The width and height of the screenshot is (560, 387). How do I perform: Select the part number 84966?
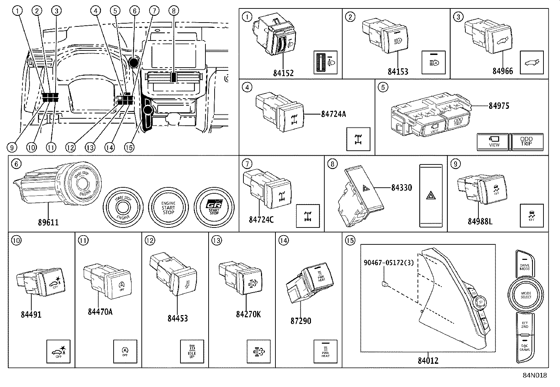[x=502, y=71]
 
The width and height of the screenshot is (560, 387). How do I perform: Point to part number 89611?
[x=49, y=222]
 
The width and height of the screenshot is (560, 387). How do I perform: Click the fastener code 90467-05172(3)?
[x=389, y=262]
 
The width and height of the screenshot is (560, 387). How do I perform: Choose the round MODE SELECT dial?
[x=526, y=295]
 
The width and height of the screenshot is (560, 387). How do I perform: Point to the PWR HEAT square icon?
[x=325, y=351]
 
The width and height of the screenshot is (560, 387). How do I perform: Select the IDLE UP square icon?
[x=192, y=351]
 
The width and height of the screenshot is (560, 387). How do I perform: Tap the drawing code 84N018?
[x=534, y=375]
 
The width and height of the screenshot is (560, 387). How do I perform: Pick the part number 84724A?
[x=333, y=114]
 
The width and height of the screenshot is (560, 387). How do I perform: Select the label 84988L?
[x=480, y=221]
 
